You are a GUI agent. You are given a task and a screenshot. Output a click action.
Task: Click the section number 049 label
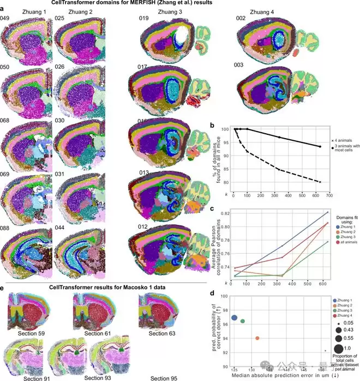click(7, 19)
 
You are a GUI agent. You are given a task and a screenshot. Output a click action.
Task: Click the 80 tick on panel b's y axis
click(224, 182)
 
